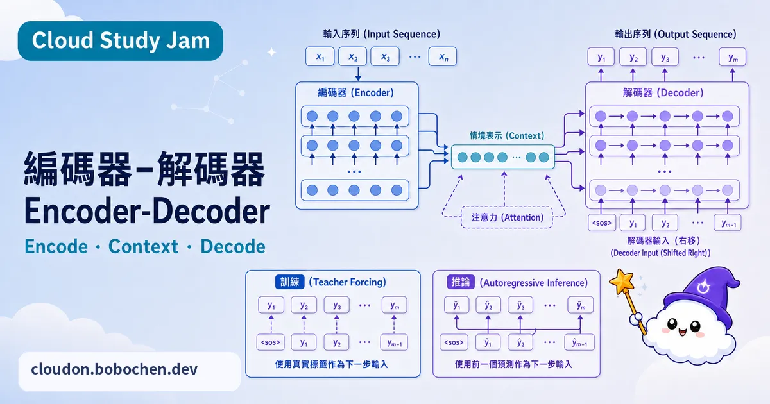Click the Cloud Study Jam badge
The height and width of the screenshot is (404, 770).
[121, 41]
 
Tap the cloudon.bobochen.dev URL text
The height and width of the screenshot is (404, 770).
[114, 369]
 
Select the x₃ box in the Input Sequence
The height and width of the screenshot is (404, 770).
[385, 56]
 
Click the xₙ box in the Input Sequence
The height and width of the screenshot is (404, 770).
[443, 56]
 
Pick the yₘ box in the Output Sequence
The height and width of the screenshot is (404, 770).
[733, 57]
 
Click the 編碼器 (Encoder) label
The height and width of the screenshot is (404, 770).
[355, 93]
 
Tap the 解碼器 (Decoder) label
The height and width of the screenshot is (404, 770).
[663, 93]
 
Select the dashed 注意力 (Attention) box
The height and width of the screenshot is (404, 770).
[507, 217]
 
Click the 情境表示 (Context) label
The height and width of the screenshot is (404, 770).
[507, 136]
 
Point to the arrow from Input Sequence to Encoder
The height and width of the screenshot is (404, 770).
[358, 74]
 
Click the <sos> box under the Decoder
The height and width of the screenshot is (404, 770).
[602, 223]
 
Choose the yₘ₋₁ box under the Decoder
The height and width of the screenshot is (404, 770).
[728, 223]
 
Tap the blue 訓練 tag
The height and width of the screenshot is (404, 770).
[289, 282]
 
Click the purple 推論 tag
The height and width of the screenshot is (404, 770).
[461, 282]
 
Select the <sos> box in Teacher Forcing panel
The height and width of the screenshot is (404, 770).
[271, 342]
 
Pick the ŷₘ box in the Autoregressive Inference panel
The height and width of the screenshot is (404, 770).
[580, 305]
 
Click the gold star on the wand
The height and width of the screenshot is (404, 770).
[622, 282]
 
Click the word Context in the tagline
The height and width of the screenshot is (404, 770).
[143, 246]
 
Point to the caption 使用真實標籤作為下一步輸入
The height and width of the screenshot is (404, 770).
[331, 364]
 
